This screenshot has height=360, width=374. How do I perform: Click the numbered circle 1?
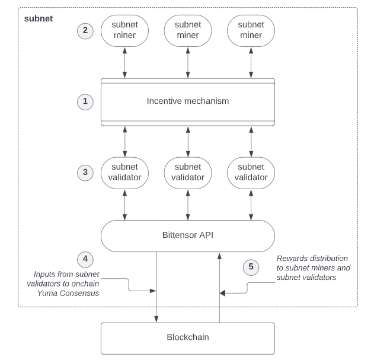click(85, 101)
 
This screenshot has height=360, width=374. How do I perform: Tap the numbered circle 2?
click(85, 30)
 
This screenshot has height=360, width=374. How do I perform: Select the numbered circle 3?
click(85, 173)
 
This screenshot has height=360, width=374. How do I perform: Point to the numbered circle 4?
click(85, 259)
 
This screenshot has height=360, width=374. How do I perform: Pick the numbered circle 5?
click(251, 266)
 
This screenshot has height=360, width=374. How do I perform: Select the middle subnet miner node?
click(188, 30)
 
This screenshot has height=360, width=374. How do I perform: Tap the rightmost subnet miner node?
click(250, 30)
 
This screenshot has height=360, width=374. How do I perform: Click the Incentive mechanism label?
click(188, 101)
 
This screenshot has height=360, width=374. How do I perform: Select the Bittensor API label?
click(188, 235)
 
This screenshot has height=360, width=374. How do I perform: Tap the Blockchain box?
click(188, 338)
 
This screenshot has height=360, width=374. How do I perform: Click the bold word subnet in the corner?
click(39, 19)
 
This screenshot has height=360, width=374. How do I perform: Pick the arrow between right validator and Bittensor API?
click(250, 205)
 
